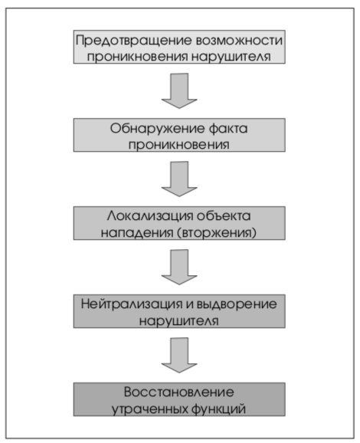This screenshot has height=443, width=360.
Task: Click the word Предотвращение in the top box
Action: [x=134, y=41]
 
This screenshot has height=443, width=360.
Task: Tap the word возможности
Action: [x=239, y=40]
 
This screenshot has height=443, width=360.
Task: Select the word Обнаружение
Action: [x=157, y=129]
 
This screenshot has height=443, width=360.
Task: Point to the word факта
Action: [x=228, y=129]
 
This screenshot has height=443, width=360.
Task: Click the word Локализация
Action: [x=150, y=216]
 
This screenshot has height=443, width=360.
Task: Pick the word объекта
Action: [x=224, y=216]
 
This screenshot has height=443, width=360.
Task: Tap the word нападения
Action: [x=137, y=233]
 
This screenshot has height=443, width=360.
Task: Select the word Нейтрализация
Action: [x=132, y=304]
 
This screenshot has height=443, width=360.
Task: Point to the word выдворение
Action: [x=237, y=304]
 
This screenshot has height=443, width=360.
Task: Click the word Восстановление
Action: [x=179, y=392]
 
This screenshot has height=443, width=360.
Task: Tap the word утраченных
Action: [x=149, y=409]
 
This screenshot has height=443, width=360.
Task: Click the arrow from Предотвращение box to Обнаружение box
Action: [x=179, y=90]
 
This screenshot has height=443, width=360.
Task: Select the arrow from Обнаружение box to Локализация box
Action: [x=179, y=179]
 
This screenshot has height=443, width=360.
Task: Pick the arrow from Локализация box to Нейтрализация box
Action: [x=179, y=267]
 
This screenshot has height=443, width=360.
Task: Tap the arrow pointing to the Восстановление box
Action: [x=179, y=355]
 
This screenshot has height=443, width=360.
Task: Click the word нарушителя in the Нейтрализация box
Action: [x=179, y=321]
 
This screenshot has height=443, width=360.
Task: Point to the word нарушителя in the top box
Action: [x=231, y=57]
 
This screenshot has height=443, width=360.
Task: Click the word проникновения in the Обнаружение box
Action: [x=179, y=145]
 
